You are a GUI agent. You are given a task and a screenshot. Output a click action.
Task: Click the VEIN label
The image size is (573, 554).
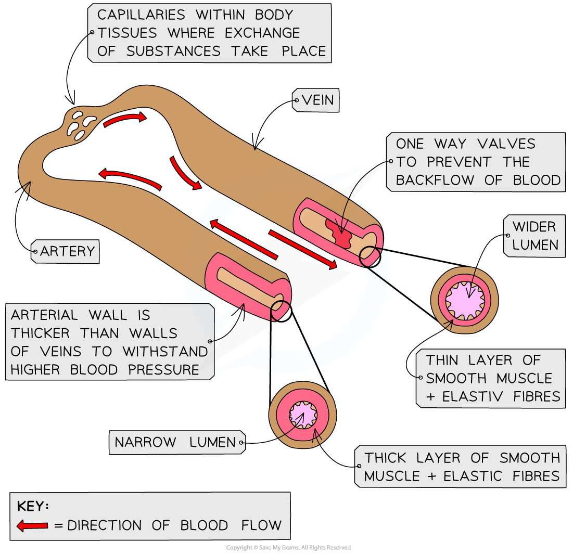pyautogui.click(x=317, y=100)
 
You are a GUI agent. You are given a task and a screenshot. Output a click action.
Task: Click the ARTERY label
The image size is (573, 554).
pyautogui.click(x=67, y=251)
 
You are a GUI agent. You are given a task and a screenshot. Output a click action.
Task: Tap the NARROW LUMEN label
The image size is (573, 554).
pyautogui.click(x=175, y=442)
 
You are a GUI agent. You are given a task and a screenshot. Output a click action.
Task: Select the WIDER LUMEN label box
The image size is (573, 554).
pyautogui.click(x=534, y=236)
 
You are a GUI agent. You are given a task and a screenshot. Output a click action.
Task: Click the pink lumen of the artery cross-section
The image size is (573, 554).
pyautogui.click(x=302, y=414)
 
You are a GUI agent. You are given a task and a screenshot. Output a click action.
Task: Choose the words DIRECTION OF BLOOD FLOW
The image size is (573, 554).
pyautogui.click(x=174, y=525)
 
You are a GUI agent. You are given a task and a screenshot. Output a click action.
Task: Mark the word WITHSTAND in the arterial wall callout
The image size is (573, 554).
pyautogui.click(x=165, y=351)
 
